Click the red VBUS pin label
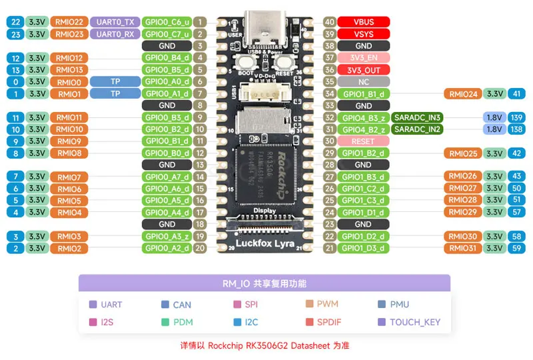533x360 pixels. [363, 22]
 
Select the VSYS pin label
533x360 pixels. [363, 34]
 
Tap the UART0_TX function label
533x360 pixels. [115, 22]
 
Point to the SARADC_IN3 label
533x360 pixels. [418, 117]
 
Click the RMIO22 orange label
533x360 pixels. [69, 22]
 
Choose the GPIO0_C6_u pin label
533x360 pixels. [167, 22]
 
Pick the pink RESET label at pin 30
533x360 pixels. [363, 141]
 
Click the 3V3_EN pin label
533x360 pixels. [363, 58]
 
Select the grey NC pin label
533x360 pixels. [363, 81]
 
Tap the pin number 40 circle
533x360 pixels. [329, 22]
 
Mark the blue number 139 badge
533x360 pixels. [516, 117]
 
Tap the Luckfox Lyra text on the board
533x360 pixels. [265, 243]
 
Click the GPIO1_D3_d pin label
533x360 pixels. [363, 248]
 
